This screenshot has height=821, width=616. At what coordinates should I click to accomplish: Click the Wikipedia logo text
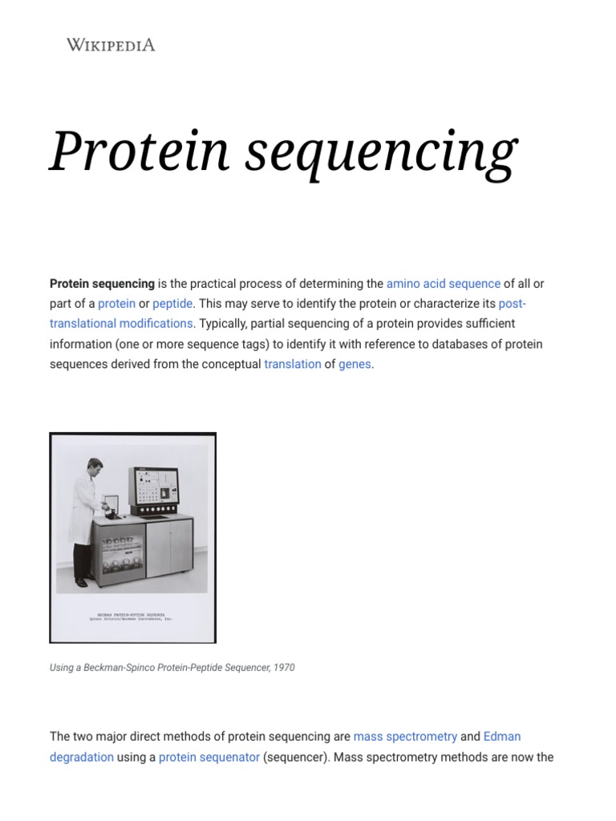(111, 45)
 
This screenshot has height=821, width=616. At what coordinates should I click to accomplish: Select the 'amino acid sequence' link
(443, 284)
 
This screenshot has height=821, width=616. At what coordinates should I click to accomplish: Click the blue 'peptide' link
(172, 304)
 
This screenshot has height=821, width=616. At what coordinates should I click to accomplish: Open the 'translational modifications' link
(121, 324)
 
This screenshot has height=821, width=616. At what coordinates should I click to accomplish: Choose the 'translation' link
(293, 364)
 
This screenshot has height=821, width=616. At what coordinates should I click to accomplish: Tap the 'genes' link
(355, 364)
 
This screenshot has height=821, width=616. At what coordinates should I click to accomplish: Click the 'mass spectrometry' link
(405, 736)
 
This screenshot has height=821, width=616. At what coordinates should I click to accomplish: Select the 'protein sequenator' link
(209, 757)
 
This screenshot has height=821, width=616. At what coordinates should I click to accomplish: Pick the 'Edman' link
(502, 736)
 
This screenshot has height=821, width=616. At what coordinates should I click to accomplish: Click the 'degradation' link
(82, 757)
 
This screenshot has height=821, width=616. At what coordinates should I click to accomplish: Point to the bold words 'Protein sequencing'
(102, 284)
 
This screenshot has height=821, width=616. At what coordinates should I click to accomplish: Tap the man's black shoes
(81, 582)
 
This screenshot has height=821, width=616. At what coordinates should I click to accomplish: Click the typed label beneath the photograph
(132, 617)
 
